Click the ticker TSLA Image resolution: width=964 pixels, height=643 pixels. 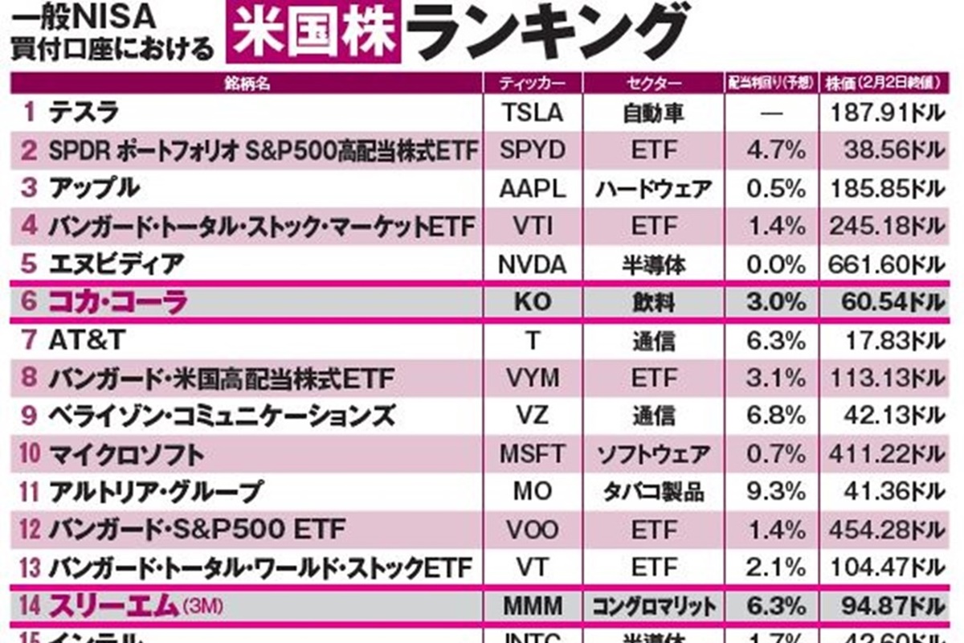pyautogui.click(x=532, y=113)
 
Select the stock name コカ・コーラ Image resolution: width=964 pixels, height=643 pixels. pyautogui.click(x=118, y=303)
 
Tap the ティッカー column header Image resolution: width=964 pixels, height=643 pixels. pyautogui.click(x=532, y=83)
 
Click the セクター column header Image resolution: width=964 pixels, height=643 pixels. pyautogui.click(x=653, y=83)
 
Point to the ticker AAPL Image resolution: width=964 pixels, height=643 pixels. pyautogui.click(x=532, y=189)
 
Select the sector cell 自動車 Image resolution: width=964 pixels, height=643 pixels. pyautogui.click(x=653, y=113)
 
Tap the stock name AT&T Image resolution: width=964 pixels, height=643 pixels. pyautogui.click(x=87, y=340)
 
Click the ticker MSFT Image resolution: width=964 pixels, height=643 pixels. pyautogui.click(x=532, y=454)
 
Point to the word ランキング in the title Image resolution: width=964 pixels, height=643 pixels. pyautogui.click(x=546, y=32)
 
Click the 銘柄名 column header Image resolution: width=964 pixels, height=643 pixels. pyautogui.click(x=246, y=83)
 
